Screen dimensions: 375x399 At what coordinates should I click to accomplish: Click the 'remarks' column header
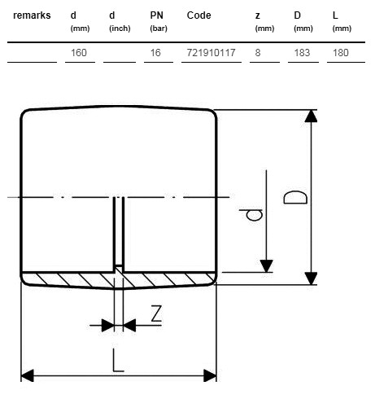tap(32, 15)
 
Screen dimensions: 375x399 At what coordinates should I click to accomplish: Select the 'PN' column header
tap(157, 15)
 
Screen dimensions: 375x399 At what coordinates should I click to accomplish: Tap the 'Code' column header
tap(198, 15)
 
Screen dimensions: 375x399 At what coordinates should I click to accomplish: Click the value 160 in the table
tap(79, 53)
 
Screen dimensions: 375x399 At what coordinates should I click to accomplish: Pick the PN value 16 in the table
tap(155, 53)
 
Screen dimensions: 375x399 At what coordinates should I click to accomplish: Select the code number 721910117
tap(211, 53)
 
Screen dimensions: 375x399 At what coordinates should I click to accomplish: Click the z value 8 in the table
tap(258, 53)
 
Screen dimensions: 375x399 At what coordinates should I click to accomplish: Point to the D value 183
tap(302, 53)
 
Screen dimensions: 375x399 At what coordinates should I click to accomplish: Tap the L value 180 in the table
tap(341, 53)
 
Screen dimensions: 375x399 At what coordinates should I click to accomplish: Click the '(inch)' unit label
tap(120, 28)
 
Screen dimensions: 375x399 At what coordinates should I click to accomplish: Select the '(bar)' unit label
tap(159, 28)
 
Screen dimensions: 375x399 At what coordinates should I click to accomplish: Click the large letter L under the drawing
tap(118, 361)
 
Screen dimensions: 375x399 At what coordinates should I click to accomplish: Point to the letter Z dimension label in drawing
tap(156, 313)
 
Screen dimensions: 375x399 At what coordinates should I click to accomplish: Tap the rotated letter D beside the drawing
tap(295, 197)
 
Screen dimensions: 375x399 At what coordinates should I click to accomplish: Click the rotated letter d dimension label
tap(251, 215)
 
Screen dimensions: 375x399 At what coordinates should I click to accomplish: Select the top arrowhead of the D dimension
tap(311, 116)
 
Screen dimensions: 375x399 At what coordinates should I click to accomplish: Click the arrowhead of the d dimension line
tap(266, 265)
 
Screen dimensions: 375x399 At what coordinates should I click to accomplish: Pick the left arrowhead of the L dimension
tap(28, 375)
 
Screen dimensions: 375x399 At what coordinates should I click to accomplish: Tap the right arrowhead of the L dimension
tap(210, 375)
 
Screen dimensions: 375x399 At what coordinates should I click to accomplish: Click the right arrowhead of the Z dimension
tap(129, 325)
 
